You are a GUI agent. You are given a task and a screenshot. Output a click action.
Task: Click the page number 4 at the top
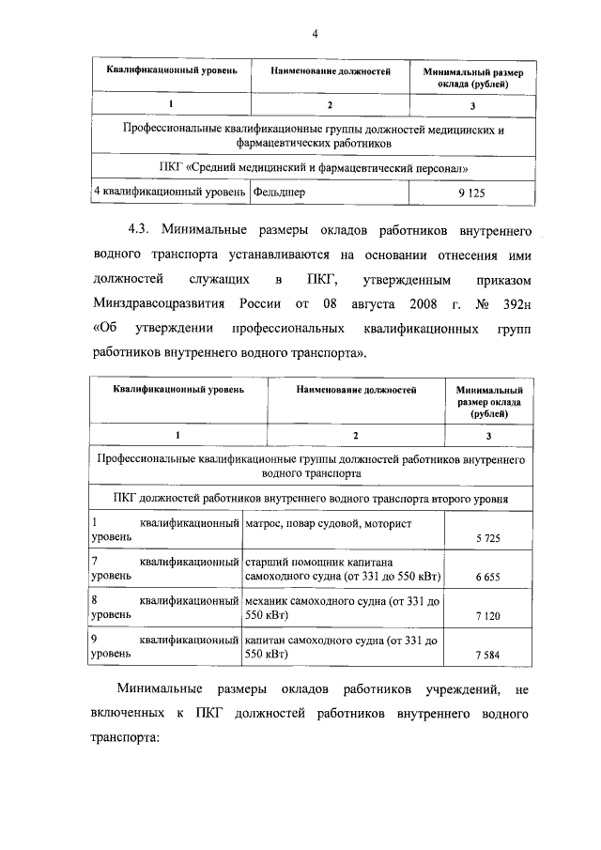pyautogui.click(x=316, y=35)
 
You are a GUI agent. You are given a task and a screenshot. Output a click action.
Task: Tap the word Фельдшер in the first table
pyautogui.click(x=280, y=192)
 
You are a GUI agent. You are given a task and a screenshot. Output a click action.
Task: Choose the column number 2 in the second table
pyautogui.click(x=356, y=436)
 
